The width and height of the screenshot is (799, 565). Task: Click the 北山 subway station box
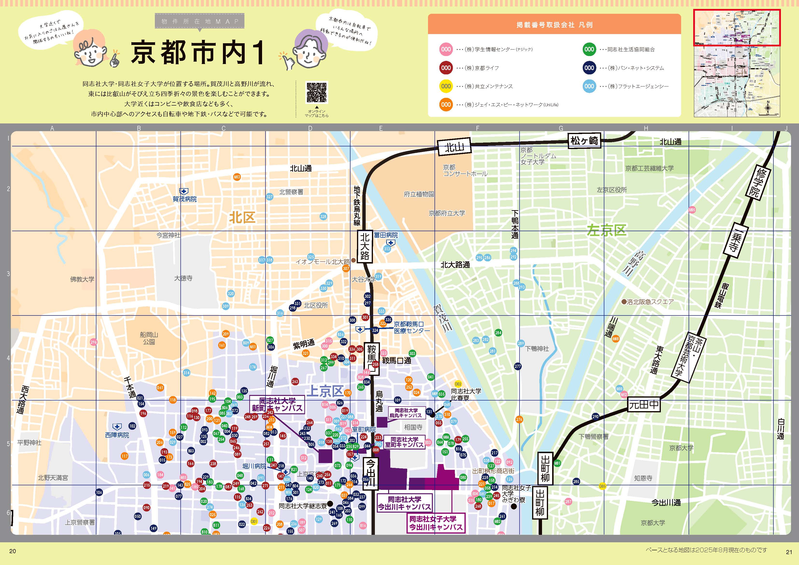click(x=454, y=147)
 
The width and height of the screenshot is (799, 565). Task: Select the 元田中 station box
click(x=644, y=405)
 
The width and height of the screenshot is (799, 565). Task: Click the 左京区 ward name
click(x=606, y=230)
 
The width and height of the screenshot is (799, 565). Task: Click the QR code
click(x=316, y=92)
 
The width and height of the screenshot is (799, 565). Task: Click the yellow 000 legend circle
click(x=446, y=86)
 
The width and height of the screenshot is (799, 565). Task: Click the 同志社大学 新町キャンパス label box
click(x=277, y=405)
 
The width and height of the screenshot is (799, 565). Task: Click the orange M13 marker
click(x=237, y=177)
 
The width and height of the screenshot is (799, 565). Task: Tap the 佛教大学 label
click(x=82, y=279)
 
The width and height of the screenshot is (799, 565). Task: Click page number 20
click(x=13, y=551)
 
